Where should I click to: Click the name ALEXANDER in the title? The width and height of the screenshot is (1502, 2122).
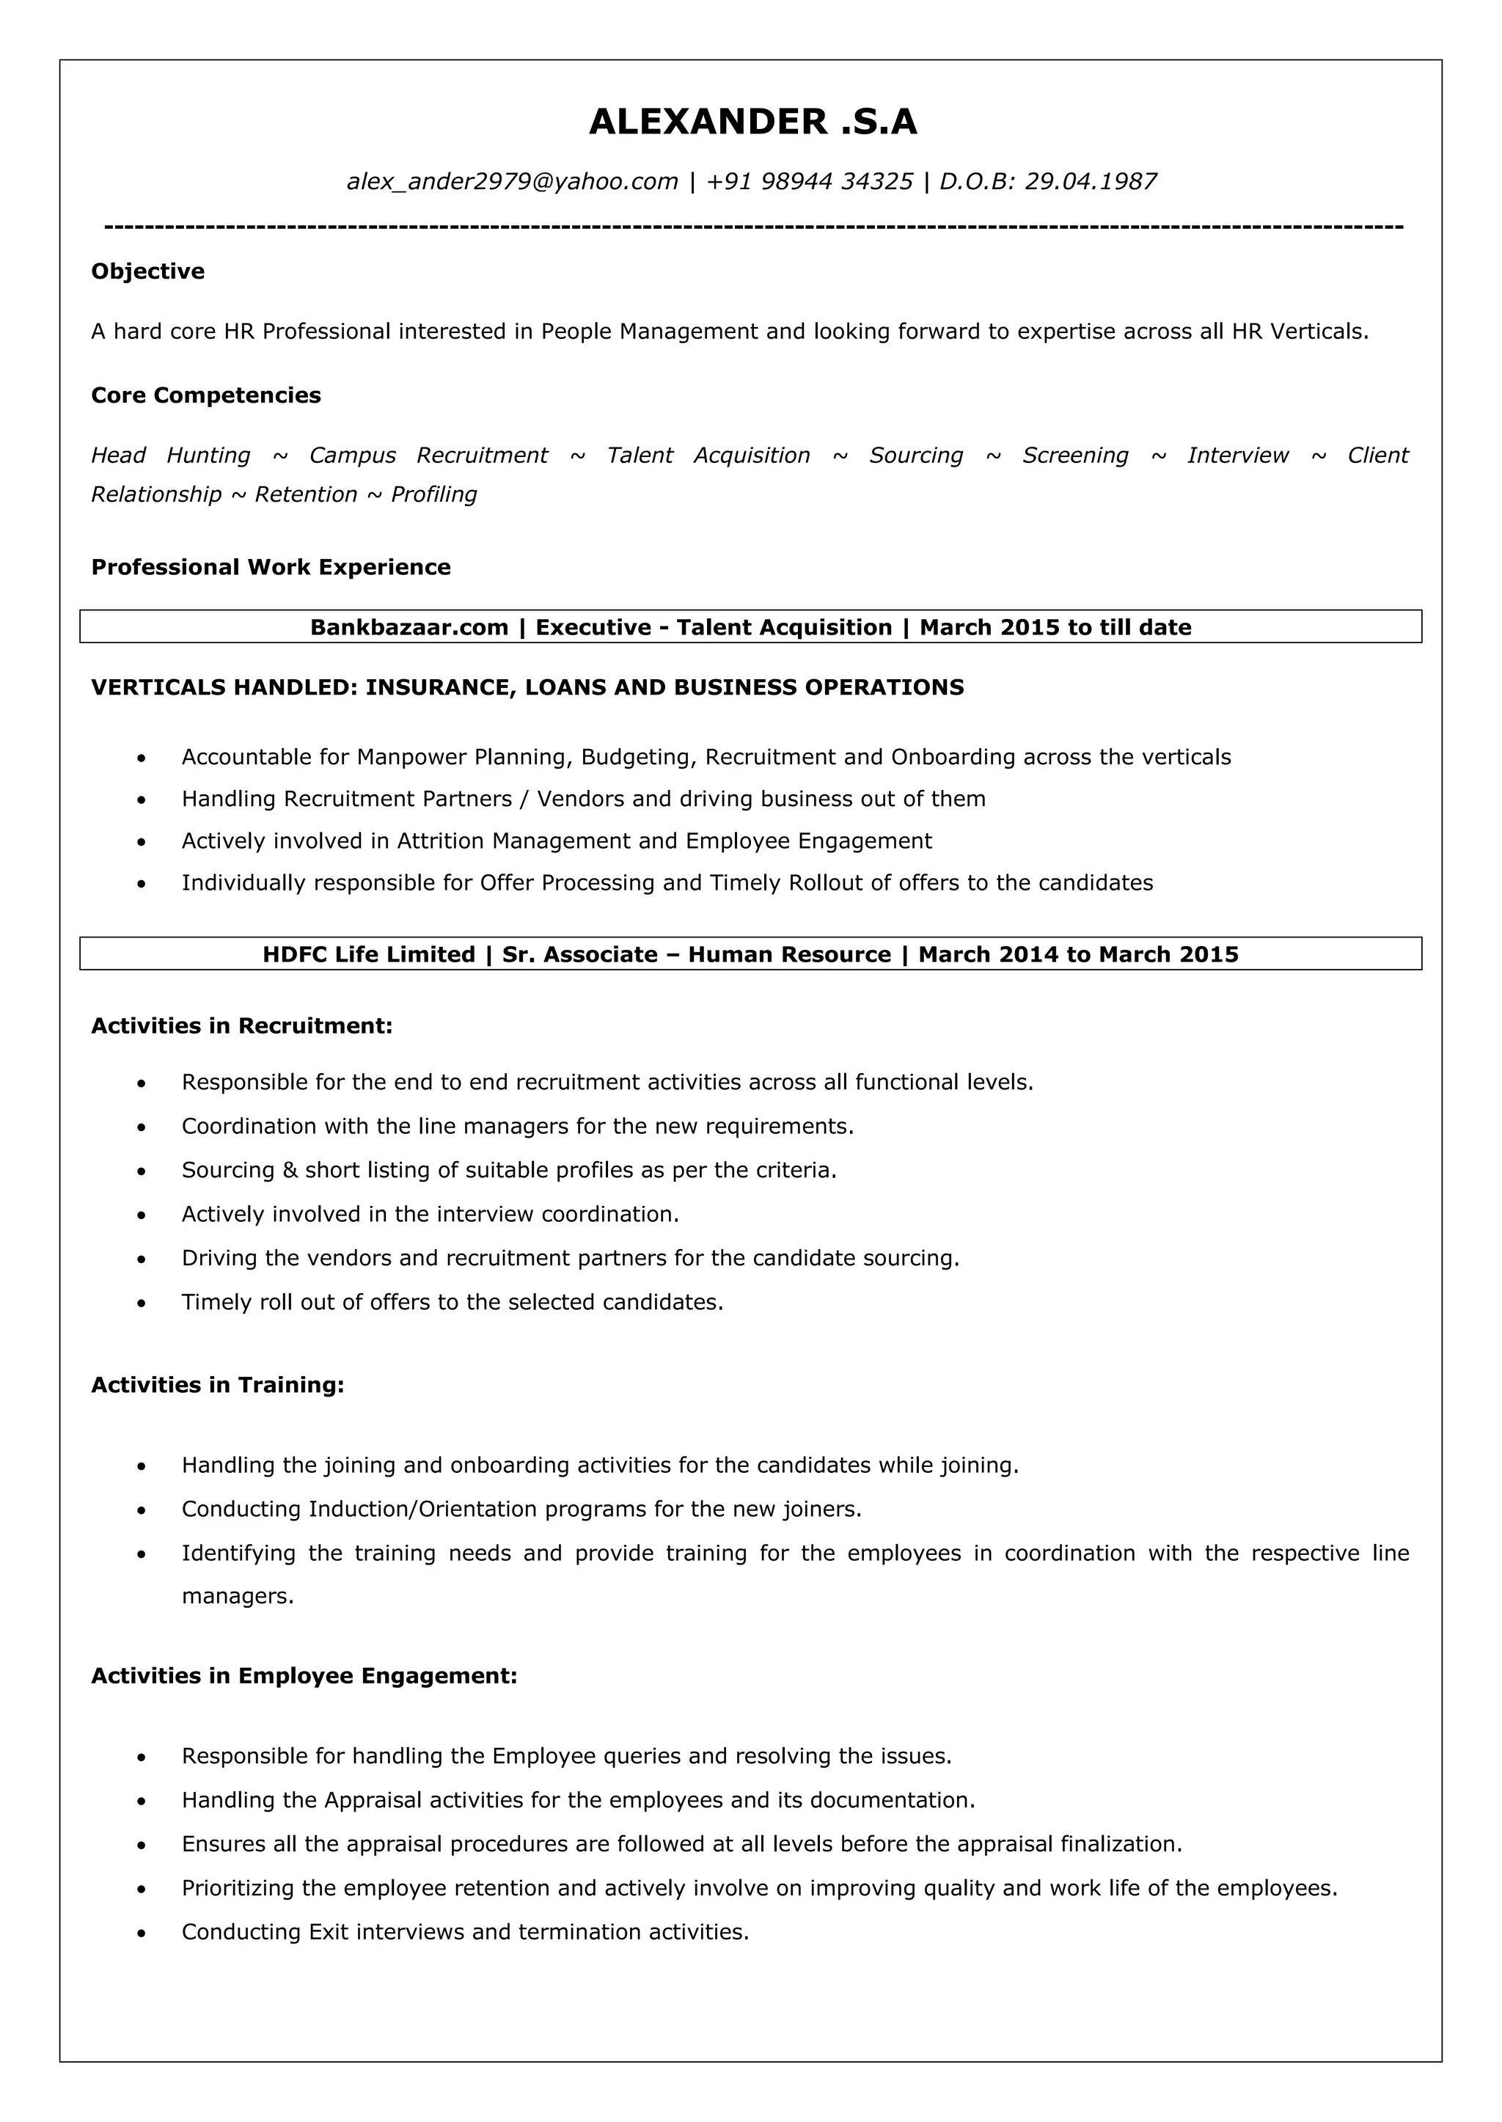click(708, 122)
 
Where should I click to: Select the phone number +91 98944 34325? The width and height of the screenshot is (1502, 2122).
click(809, 181)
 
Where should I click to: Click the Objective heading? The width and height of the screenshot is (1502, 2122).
click(148, 271)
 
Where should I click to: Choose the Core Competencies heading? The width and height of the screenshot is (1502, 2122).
click(205, 395)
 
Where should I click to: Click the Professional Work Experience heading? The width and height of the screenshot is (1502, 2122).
click(270, 567)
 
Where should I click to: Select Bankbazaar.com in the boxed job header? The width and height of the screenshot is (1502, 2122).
click(409, 627)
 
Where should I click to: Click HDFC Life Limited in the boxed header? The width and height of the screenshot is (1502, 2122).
click(368, 954)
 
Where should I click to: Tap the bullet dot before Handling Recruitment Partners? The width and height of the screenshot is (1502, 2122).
click(141, 800)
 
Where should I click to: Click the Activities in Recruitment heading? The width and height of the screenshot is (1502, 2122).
click(241, 1026)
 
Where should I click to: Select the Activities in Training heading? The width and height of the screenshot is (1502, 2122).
click(217, 1385)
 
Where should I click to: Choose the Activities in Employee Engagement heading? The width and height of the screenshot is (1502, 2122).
click(304, 1676)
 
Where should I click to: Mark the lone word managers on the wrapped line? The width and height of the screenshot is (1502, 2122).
click(237, 1597)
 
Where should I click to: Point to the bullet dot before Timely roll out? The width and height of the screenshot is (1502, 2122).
click(141, 1303)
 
